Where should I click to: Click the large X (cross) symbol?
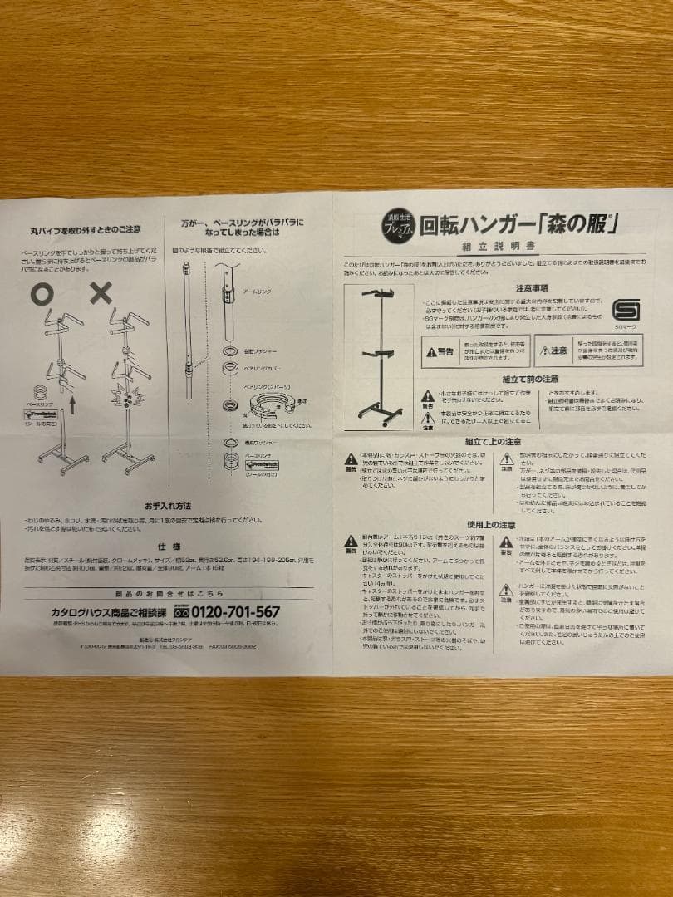[x=101, y=292]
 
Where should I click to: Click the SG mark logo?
[x=625, y=310]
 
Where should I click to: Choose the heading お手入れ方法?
[x=167, y=504]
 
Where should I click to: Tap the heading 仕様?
[x=168, y=549]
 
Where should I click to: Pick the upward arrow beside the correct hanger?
[x=72, y=406]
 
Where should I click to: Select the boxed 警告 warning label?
[x=440, y=351]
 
